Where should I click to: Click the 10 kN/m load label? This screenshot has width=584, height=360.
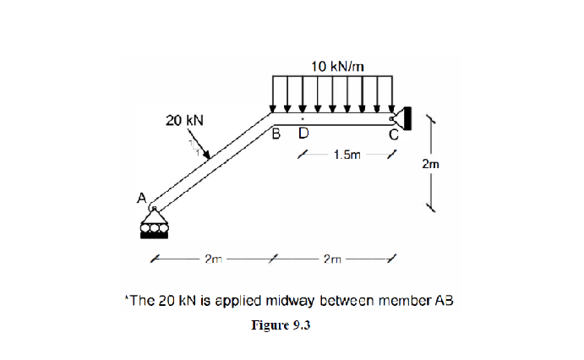pos(337,66)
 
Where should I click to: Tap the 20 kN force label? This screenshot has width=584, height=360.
pos(184,121)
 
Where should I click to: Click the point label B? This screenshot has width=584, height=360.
pos(276,133)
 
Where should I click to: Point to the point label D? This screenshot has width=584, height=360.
pos(303,133)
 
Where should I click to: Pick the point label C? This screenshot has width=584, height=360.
pos(393,133)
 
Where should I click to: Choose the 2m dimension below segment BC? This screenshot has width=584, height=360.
pos(331,259)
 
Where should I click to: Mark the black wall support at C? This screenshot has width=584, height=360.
pos(405,118)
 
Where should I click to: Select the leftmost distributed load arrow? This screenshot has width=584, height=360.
pos(272,94)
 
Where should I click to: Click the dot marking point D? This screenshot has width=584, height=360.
pos(303,117)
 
